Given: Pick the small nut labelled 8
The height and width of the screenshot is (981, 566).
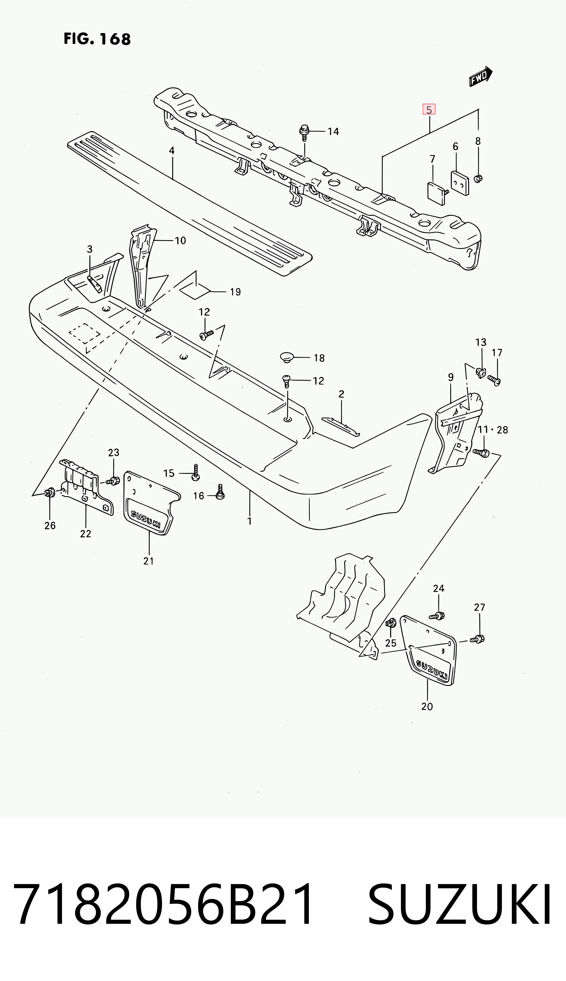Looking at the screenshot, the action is tap(478, 178).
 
